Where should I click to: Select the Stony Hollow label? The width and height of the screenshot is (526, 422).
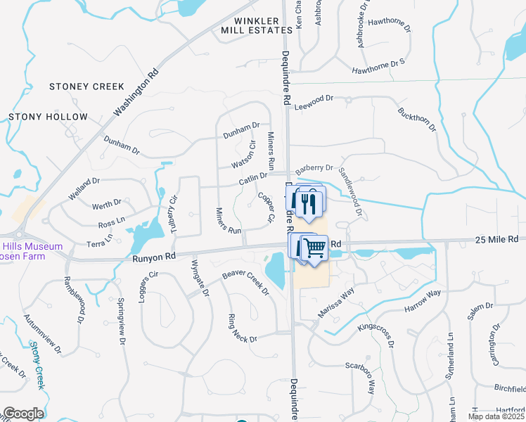(48, 117)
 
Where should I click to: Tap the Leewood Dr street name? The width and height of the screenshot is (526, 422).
(313, 103)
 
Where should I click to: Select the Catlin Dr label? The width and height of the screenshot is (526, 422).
(253, 180)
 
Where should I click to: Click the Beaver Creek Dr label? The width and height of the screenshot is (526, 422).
(246, 281)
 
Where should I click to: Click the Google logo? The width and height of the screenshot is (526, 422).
(23, 414)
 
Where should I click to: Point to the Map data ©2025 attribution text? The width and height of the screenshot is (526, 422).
(496, 416)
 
